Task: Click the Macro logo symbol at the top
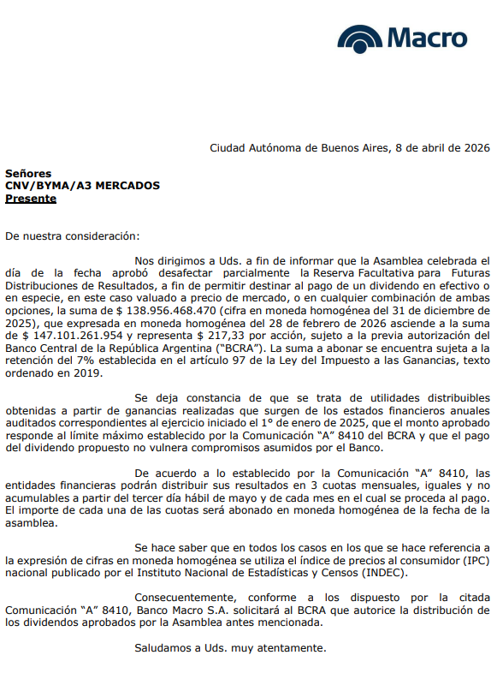360,39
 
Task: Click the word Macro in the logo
427,39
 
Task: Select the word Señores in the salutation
28,173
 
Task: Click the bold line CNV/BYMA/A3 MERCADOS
82,186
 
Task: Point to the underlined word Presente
31,199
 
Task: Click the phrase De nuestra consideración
72,235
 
